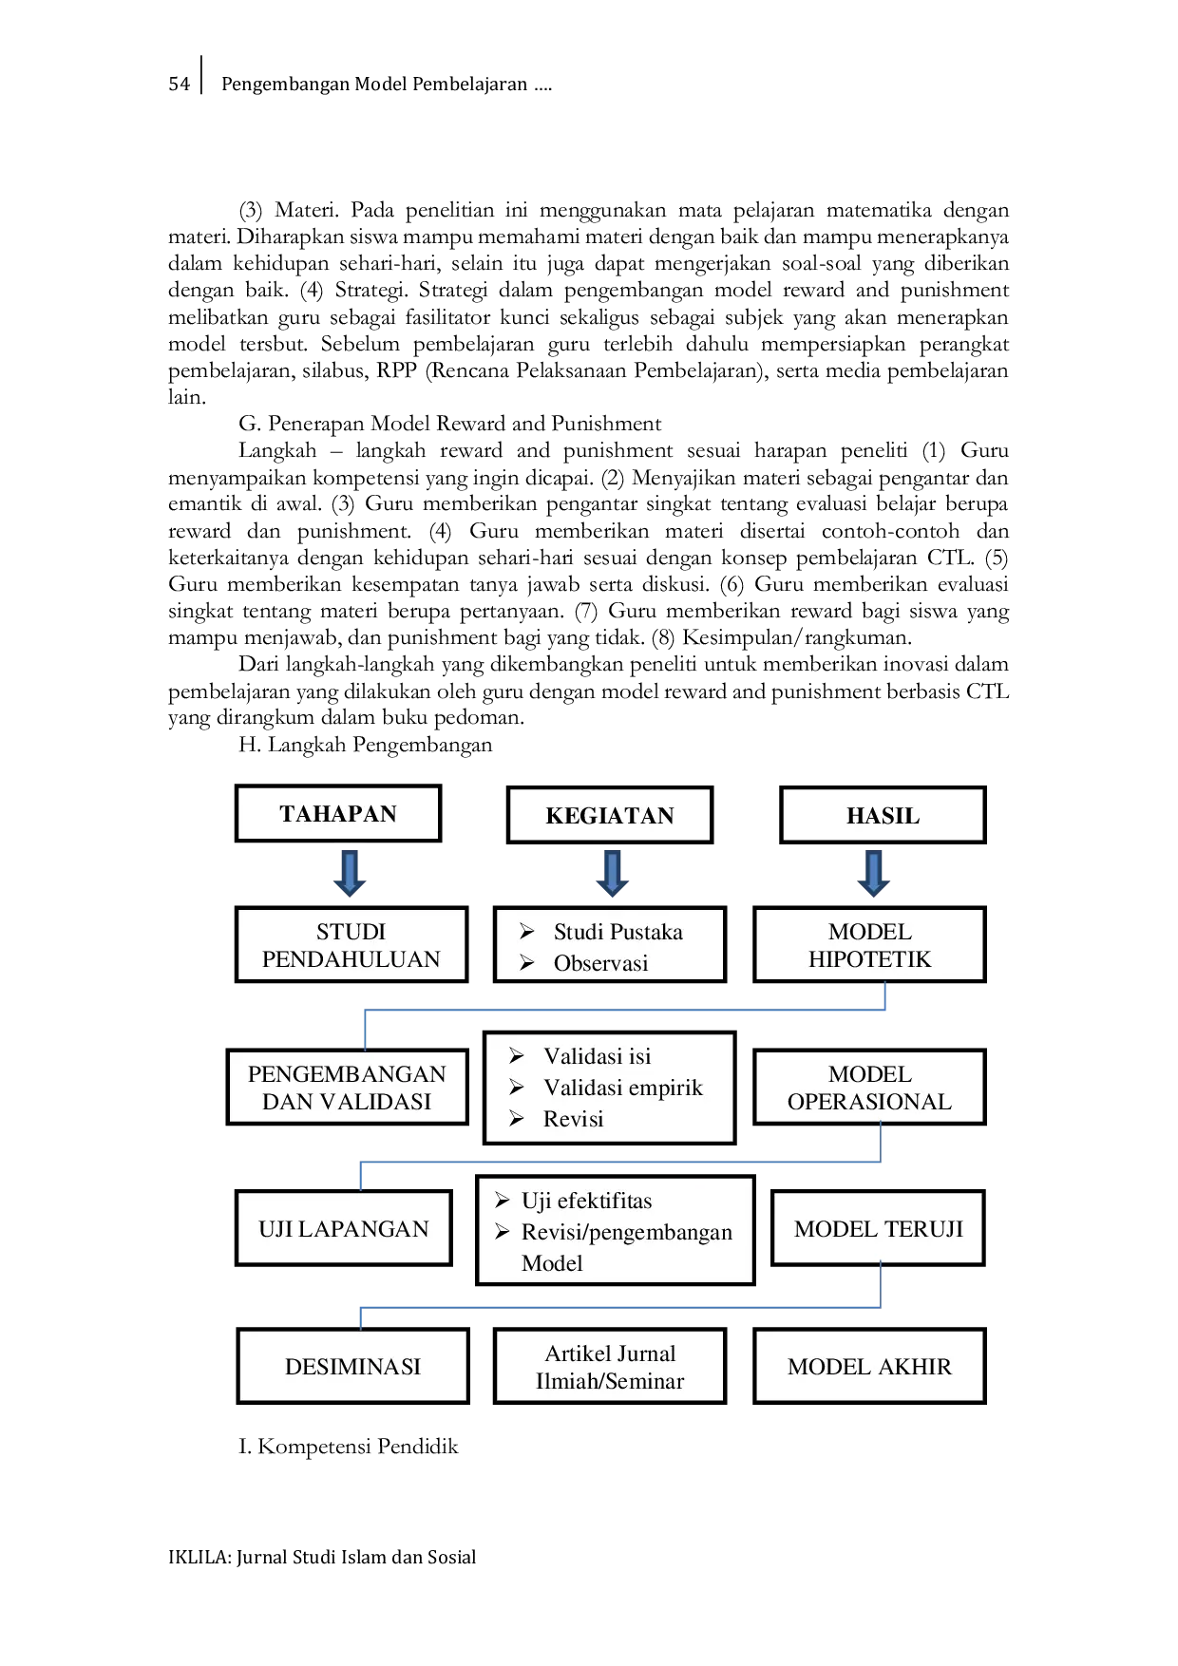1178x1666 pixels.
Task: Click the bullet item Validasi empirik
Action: (606, 1088)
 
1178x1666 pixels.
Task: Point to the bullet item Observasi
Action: (583, 963)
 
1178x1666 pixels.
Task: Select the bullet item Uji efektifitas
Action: (573, 1201)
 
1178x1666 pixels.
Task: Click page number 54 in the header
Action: (179, 84)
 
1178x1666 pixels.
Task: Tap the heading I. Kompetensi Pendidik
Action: (348, 1447)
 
